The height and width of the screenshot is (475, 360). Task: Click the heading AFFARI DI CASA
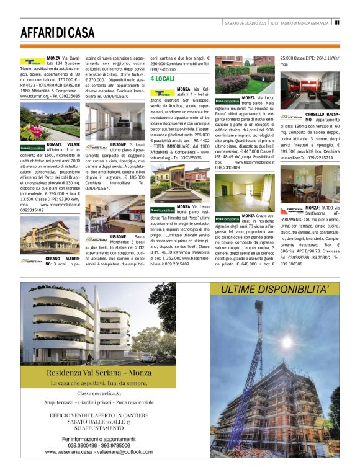pos(57,32)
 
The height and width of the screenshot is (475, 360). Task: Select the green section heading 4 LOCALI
pos(163,79)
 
